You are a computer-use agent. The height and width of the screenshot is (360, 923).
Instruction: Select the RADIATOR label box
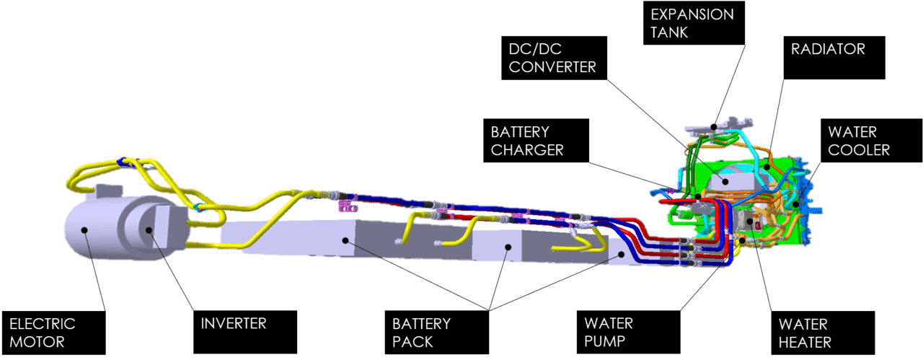(x=834, y=58)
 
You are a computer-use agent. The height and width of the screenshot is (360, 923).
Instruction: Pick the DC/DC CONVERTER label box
(x=555, y=58)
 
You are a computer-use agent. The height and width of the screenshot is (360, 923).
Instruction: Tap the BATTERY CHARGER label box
(x=534, y=141)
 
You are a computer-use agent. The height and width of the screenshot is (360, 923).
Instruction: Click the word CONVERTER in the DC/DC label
(x=553, y=67)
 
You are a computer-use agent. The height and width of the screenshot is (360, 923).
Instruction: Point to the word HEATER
(x=805, y=342)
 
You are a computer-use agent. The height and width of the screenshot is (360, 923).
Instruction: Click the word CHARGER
(x=527, y=150)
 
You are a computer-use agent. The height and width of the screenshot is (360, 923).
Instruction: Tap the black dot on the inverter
(x=149, y=229)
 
